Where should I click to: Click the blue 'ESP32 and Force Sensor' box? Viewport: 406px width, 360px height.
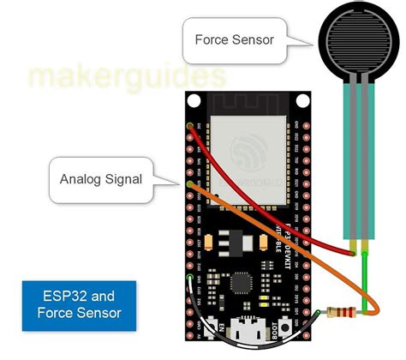coord(79,304)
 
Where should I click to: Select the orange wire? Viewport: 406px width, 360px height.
coord(283,249)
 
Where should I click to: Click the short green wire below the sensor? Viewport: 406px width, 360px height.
coord(364,274)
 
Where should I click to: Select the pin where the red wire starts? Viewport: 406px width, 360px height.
coord(189,127)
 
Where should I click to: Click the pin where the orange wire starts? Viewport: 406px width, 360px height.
coord(189,183)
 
